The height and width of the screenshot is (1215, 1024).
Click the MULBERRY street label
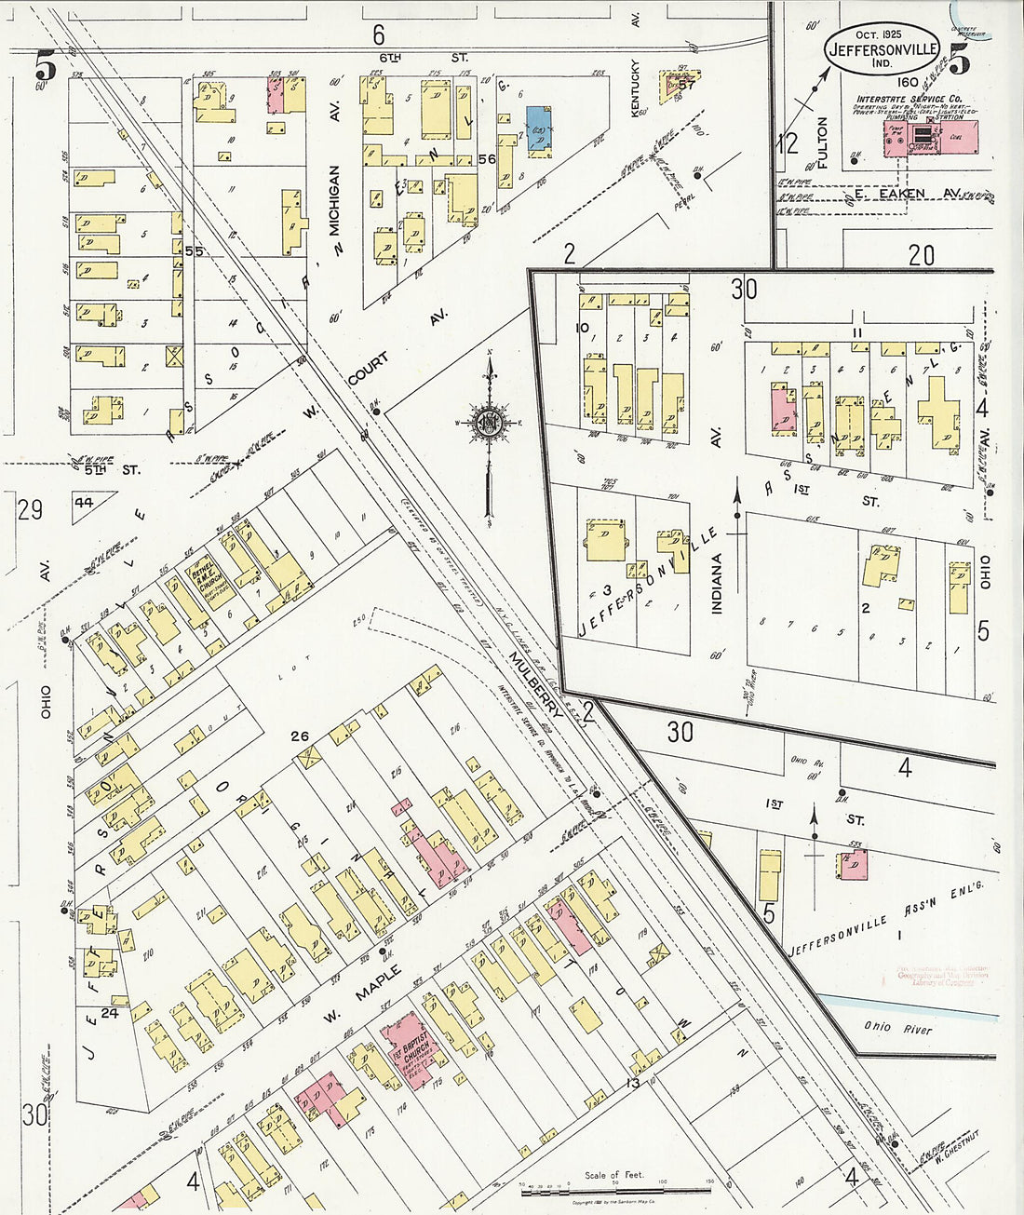535,683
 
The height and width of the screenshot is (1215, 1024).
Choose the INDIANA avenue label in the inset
717,584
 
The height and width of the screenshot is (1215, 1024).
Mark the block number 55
194,250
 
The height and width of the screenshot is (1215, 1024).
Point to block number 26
299,736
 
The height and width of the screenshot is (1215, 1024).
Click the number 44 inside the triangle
85,503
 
